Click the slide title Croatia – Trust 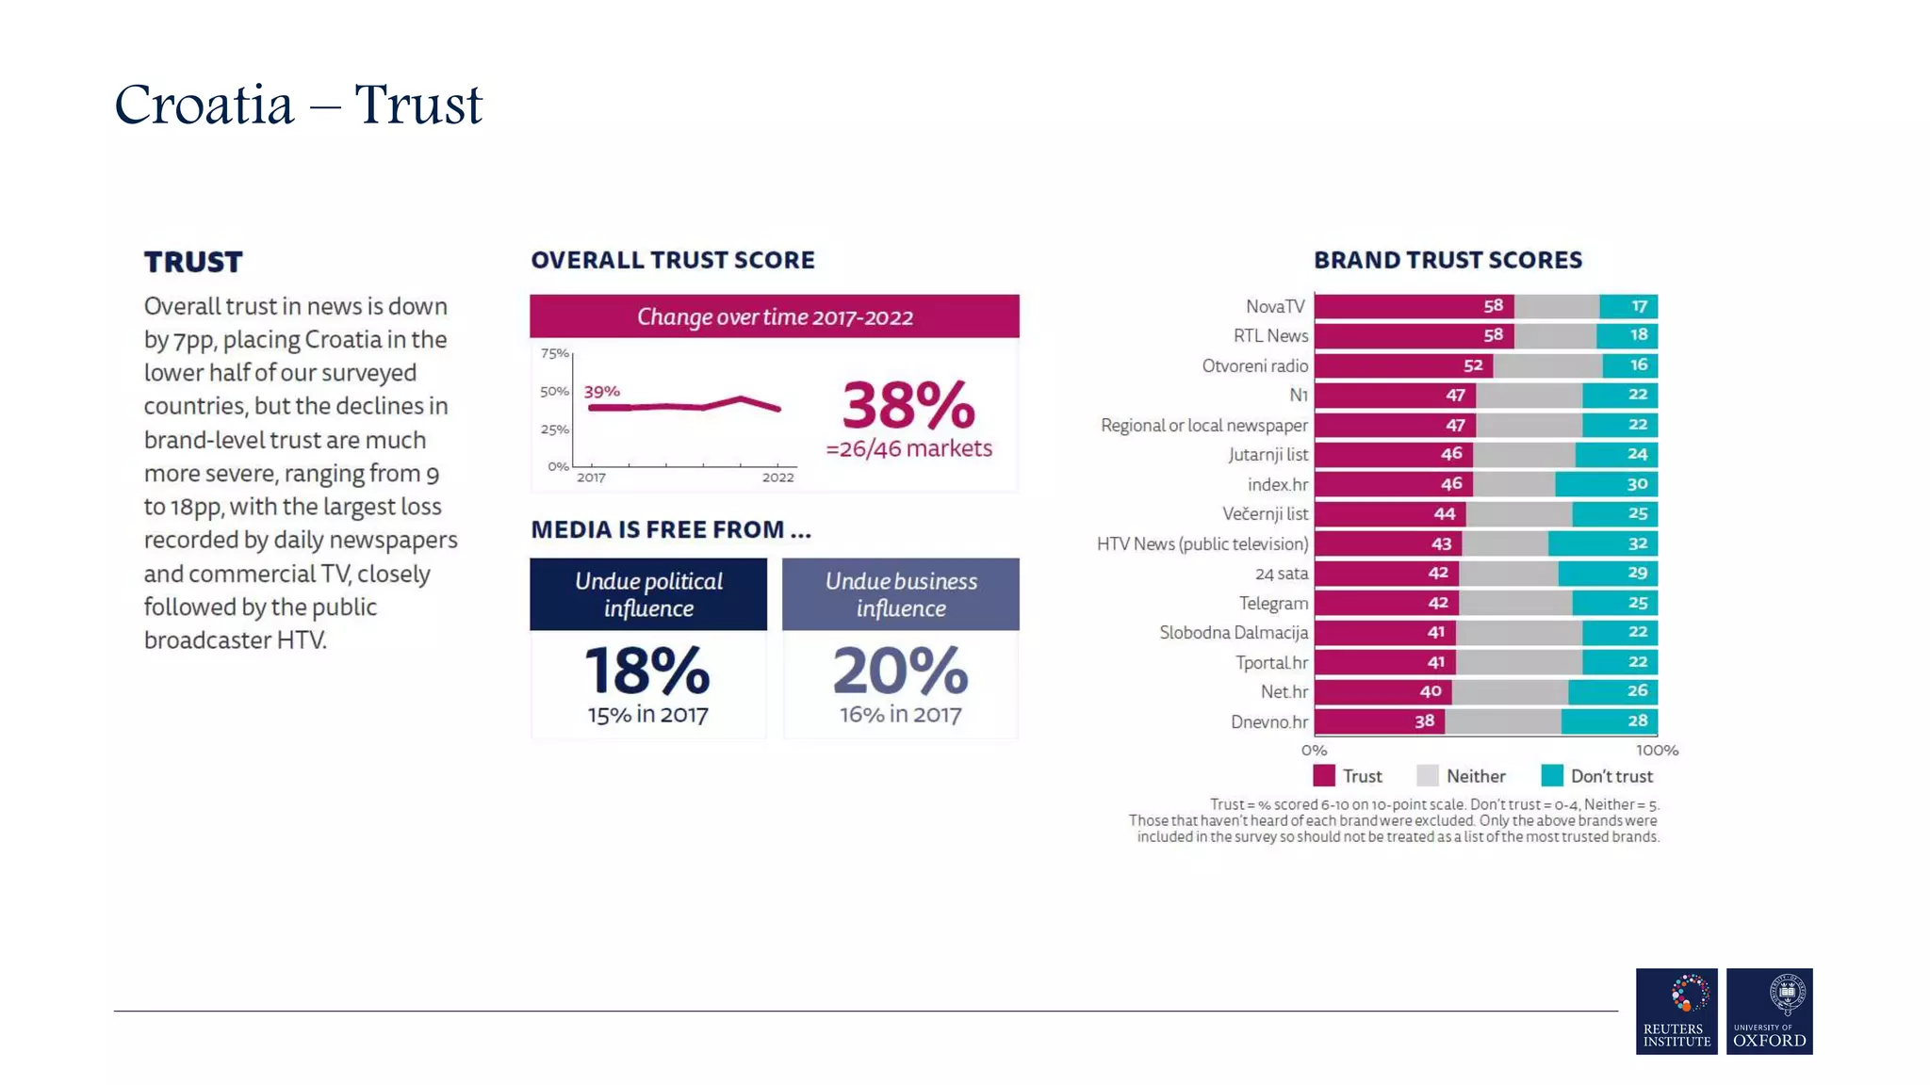click(x=298, y=104)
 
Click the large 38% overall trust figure click(x=908, y=406)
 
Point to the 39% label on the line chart click(x=601, y=391)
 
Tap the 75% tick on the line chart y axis click(x=554, y=354)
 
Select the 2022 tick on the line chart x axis click(x=777, y=478)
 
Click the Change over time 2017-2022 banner click(x=774, y=316)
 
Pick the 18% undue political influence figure click(x=647, y=671)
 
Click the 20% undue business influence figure click(x=900, y=671)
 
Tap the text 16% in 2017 click(x=900, y=715)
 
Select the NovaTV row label click(x=1274, y=306)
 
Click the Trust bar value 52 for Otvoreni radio click(x=1473, y=365)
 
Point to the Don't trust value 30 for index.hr click(x=1637, y=484)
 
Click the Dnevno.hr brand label click(x=1268, y=721)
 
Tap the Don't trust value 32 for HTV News click(x=1637, y=543)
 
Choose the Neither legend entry click(x=1475, y=776)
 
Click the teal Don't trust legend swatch click(x=1551, y=776)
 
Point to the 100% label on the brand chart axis click(x=1656, y=751)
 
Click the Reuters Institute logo click(x=1676, y=1011)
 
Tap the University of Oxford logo click(x=1769, y=1011)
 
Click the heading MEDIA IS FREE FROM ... click(x=670, y=529)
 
